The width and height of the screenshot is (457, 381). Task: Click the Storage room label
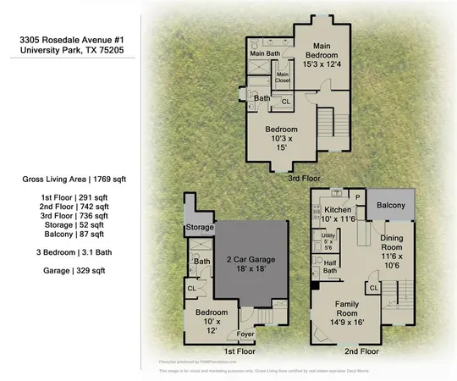200,227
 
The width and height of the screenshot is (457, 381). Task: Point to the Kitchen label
337,208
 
